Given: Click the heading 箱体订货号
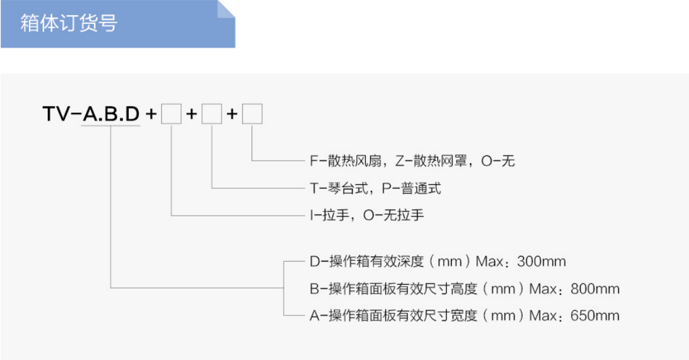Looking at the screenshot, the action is click(x=68, y=23).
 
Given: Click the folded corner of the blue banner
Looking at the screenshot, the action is click(x=226, y=9).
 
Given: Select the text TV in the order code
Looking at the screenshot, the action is click(x=56, y=114).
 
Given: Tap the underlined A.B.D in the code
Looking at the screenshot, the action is click(x=111, y=114).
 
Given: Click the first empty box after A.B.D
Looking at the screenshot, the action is click(x=171, y=114).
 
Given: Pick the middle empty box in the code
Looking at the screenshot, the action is click(x=212, y=114).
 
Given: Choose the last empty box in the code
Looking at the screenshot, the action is click(x=252, y=114).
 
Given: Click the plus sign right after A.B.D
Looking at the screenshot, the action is click(x=151, y=114).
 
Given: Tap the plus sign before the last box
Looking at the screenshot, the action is click(x=232, y=114).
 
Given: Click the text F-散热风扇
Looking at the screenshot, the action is click(x=345, y=161).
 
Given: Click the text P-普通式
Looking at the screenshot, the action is click(x=411, y=188).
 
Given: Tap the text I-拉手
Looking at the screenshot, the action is click(x=329, y=215).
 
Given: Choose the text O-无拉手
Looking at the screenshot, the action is click(x=393, y=215).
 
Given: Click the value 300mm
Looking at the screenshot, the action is click(x=542, y=262).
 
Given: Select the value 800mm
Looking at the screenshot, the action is click(x=595, y=289).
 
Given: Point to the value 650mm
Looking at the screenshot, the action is click(x=595, y=315).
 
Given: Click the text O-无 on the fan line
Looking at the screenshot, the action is click(x=498, y=161).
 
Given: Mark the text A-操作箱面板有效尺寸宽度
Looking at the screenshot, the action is click(x=393, y=315).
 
